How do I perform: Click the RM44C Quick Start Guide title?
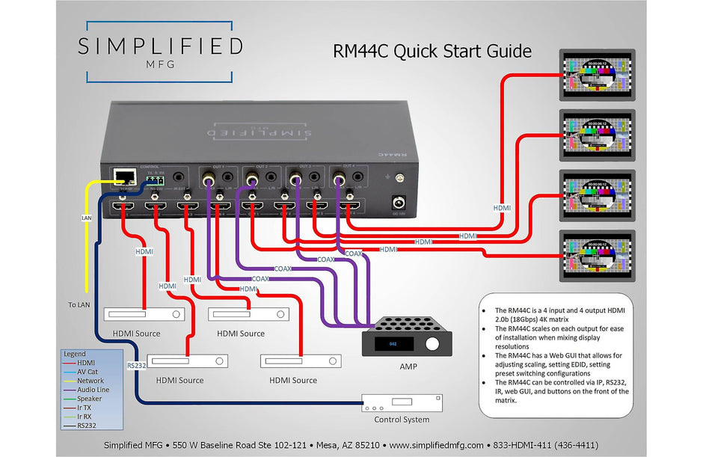click(432, 52)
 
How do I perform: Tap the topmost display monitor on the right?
click(597, 76)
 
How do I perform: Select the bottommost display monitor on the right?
click(597, 257)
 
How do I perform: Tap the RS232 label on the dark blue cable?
click(136, 366)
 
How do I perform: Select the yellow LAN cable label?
click(86, 218)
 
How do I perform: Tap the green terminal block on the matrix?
click(154, 180)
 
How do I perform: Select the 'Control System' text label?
click(401, 420)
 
